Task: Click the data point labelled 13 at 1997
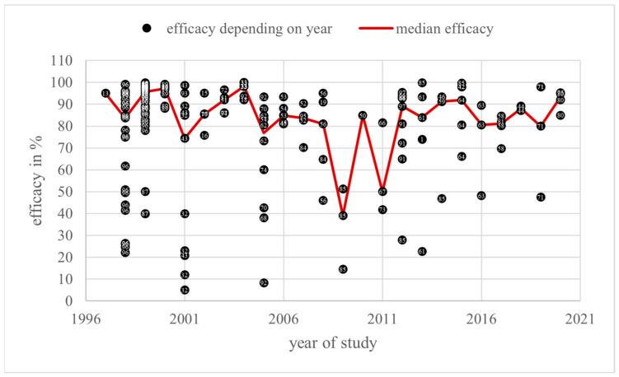[106, 94]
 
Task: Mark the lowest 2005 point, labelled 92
[264, 283]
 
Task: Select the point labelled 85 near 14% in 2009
[343, 269]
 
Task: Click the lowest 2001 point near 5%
[185, 290]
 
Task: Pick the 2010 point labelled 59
[363, 115]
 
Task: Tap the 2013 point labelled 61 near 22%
[422, 251]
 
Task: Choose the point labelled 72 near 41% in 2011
[382, 210]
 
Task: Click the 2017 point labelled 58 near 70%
[501, 148]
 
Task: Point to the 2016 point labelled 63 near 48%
[481, 196]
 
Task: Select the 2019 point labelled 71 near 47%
[541, 198]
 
